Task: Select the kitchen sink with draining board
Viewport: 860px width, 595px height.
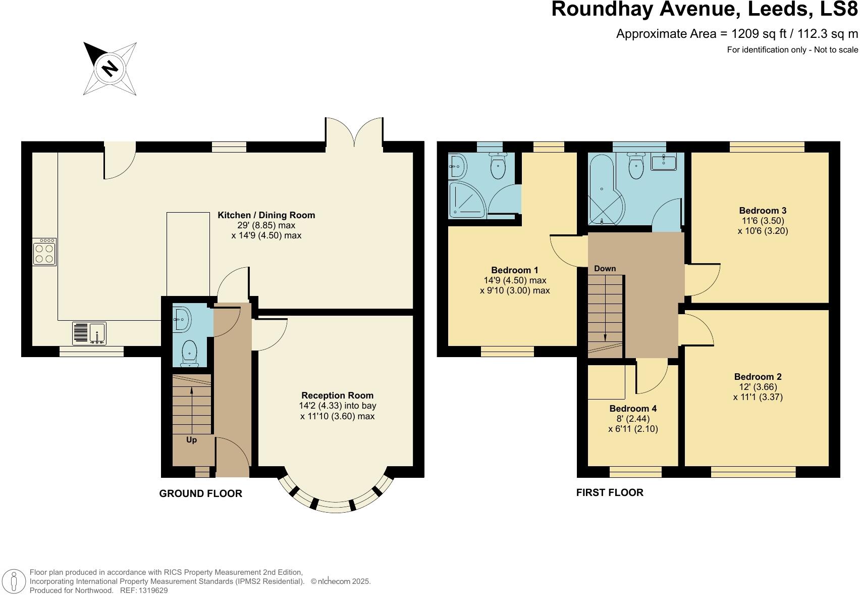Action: click(89, 333)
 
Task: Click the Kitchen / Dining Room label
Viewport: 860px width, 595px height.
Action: click(266, 215)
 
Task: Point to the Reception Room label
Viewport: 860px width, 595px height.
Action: click(337, 395)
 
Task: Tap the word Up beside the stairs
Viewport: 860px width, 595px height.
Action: click(191, 440)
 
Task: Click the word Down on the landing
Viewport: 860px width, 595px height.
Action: click(605, 269)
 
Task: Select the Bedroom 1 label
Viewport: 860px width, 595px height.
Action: click(514, 270)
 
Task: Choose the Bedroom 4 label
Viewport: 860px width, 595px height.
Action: click(633, 409)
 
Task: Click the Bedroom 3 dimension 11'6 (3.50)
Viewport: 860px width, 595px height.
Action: click(763, 221)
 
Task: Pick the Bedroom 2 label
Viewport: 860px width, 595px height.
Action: click(758, 377)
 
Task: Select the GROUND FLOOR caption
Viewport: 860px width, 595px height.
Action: click(200, 493)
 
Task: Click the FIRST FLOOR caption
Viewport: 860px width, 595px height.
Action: click(610, 492)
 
